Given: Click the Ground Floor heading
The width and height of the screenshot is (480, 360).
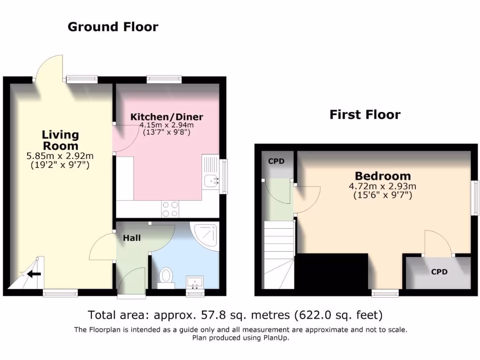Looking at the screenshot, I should click(x=113, y=27).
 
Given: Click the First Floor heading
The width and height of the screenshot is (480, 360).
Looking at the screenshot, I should click(x=365, y=114).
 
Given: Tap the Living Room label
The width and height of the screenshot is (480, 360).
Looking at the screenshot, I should click(x=60, y=140).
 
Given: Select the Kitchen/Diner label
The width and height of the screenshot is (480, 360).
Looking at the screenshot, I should click(x=167, y=117).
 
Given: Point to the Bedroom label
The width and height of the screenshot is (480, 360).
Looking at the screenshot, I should click(x=382, y=176).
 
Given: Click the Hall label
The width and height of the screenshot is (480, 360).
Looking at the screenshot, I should click(x=132, y=238).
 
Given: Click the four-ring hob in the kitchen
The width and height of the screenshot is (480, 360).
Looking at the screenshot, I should click(x=170, y=209).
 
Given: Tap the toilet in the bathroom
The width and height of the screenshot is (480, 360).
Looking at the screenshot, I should click(x=166, y=276).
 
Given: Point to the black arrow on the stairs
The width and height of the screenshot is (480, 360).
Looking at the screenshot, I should click(x=34, y=274).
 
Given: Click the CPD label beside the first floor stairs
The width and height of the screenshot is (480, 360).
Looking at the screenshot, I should click(x=276, y=161).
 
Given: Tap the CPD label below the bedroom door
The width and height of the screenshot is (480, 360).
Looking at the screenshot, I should click(x=439, y=272).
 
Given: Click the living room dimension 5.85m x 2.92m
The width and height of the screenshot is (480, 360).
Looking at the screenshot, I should click(x=60, y=156).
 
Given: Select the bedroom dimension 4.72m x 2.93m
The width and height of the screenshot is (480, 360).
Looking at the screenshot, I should click(x=382, y=186).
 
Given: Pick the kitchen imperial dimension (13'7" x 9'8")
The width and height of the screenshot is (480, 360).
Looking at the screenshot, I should click(x=167, y=133).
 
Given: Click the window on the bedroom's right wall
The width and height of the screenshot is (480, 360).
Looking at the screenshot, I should click(x=475, y=197).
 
